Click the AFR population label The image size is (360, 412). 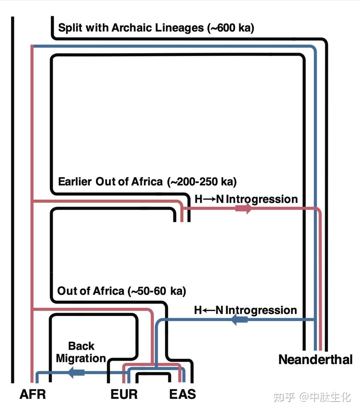coord(33,394)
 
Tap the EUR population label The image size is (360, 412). coord(124,394)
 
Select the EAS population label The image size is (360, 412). coord(182,394)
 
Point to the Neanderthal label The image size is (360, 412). coord(315,359)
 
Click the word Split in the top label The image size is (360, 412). coord(70,28)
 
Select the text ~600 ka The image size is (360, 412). coord(231,28)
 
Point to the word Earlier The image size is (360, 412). coord(75,181)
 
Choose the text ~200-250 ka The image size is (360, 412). coord(202,181)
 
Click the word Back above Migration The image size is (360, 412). coord(81,346)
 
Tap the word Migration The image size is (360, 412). coord(81,358)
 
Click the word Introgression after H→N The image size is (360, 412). coord(262,199)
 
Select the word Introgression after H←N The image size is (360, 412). coord(261,310)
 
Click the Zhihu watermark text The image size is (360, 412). coord(312,397)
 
